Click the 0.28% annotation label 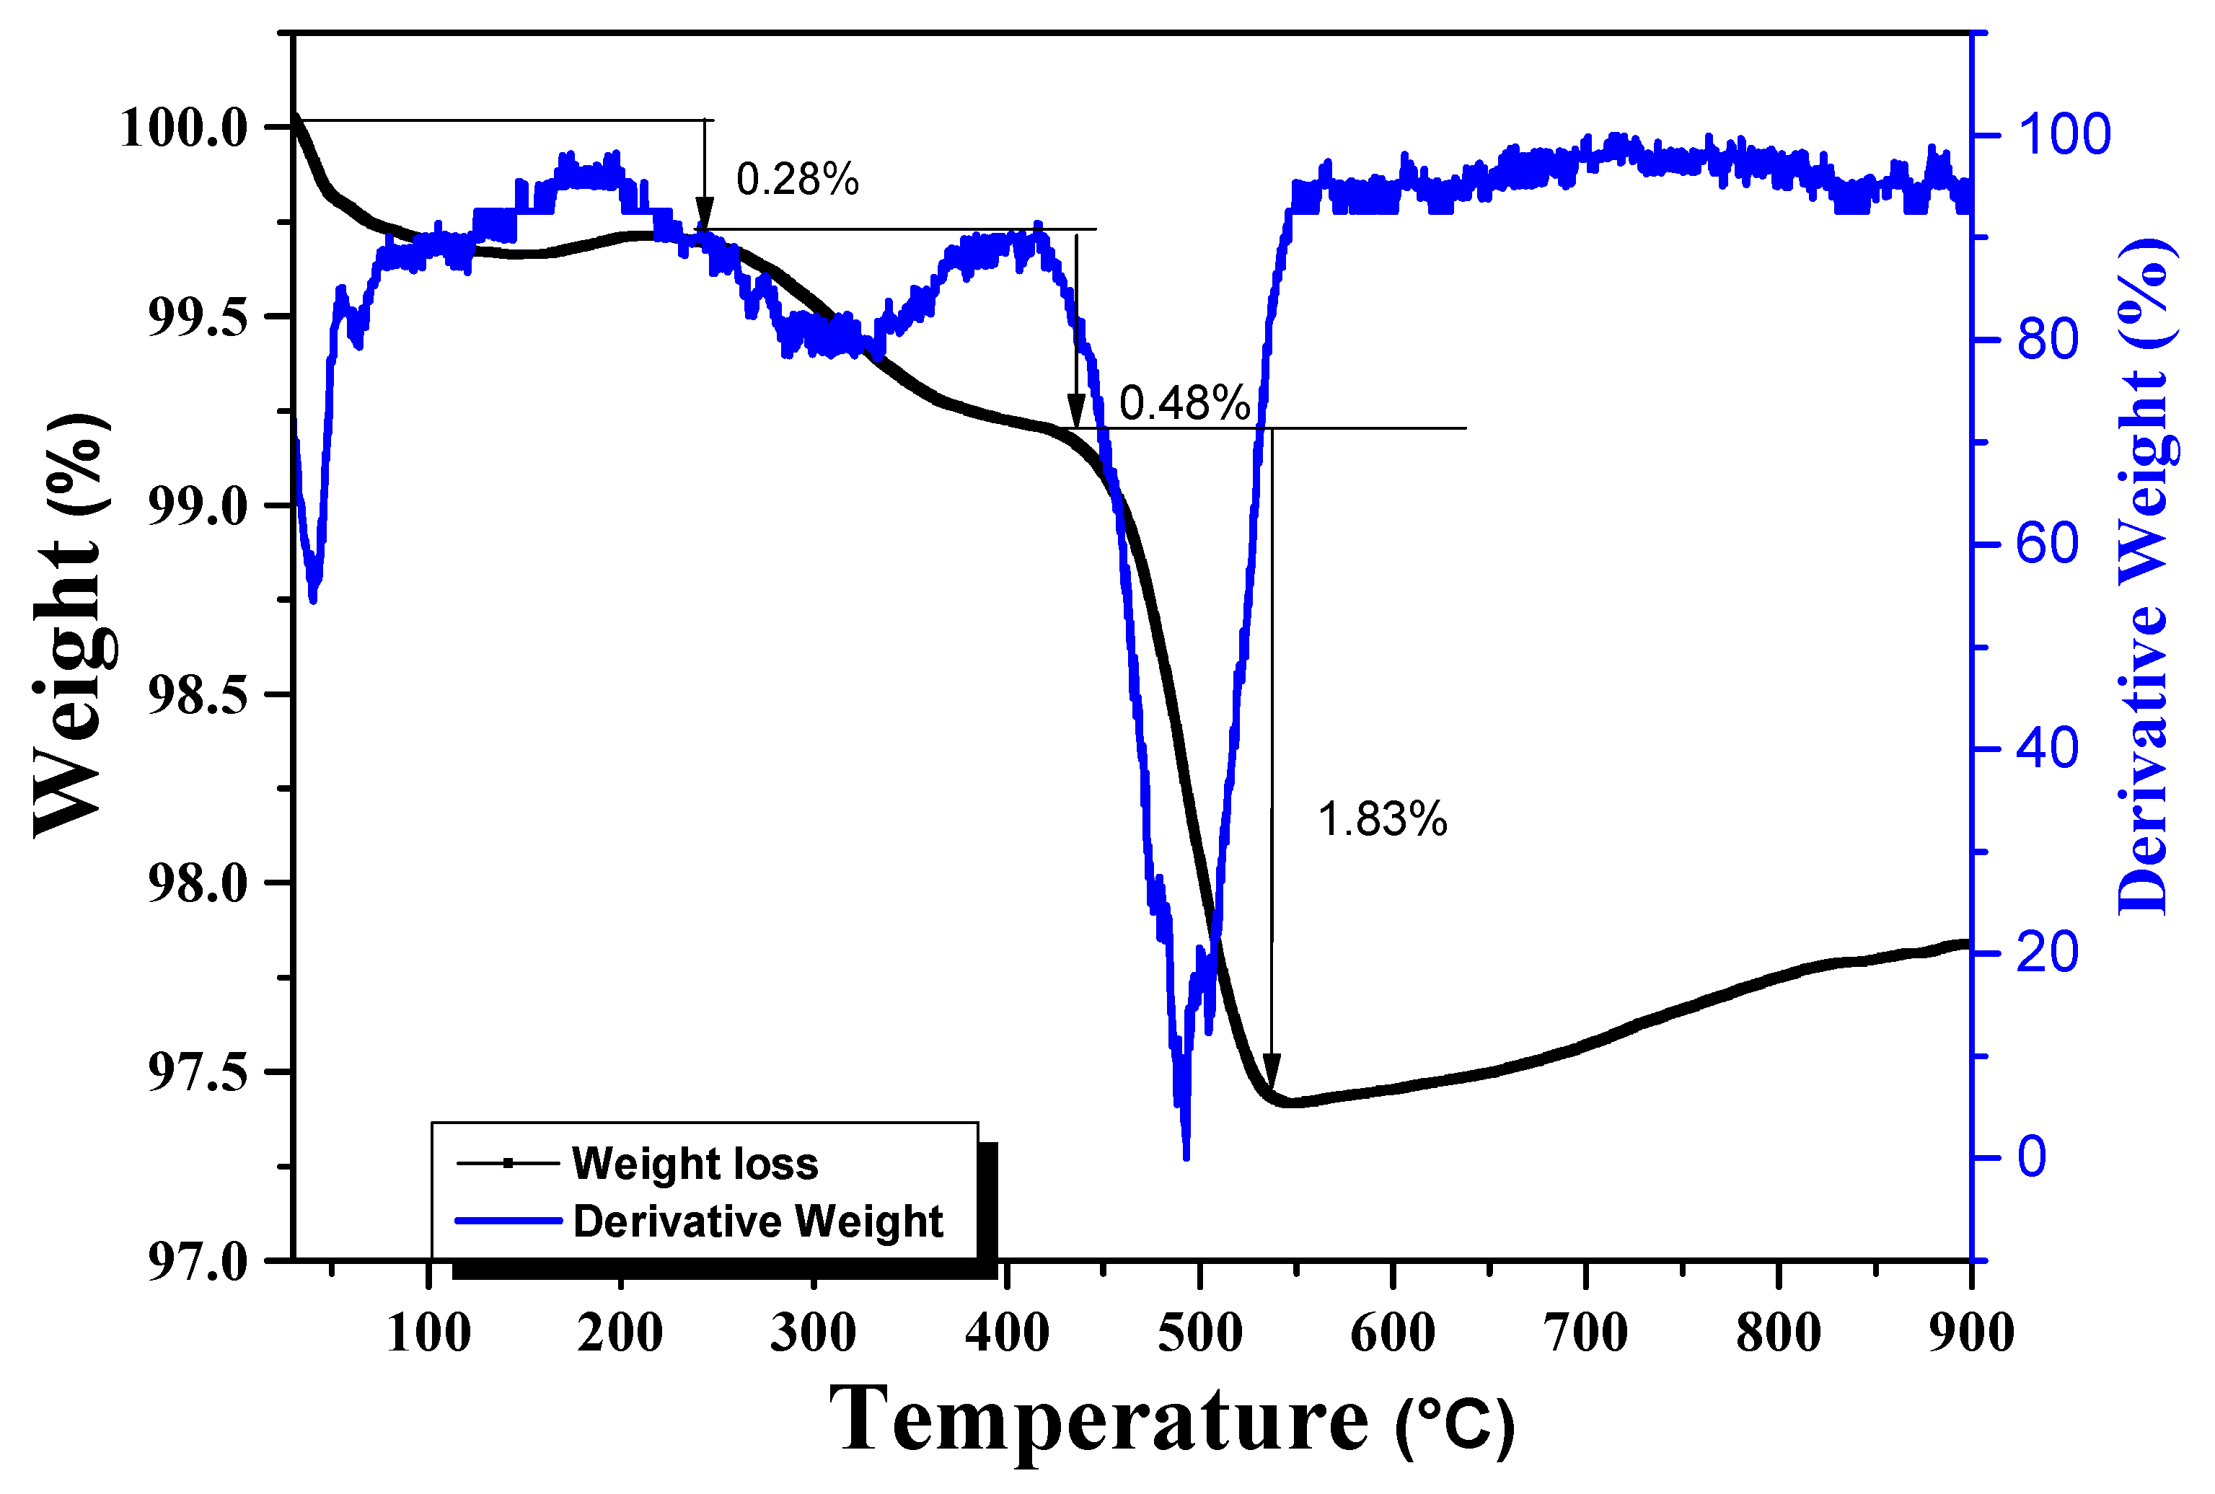[x=797, y=179]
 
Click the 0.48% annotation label [x=1184, y=403]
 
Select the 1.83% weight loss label [x=1382, y=819]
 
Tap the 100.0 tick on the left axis [x=183, y=128]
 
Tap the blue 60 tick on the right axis [x=2046, y=545]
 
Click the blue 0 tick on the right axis [x=2031, y=1158]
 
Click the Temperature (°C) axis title [x=1171, y=1420]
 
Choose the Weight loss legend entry [x=694, y=1163]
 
